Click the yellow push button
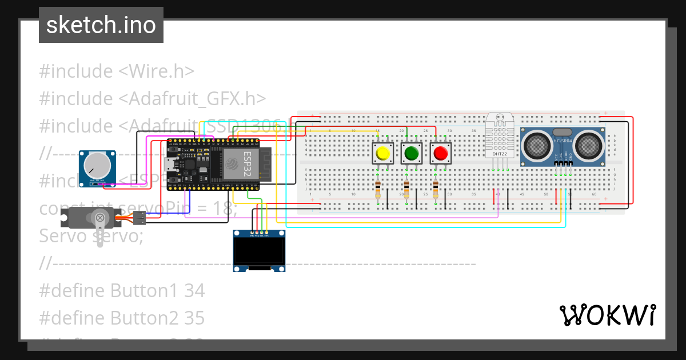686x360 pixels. [382, 153]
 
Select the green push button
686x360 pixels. [411, 153]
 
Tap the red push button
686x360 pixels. [440, 153]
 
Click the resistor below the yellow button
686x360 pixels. [378, 190]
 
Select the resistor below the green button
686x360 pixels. [407, 190]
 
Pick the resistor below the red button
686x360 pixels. [436, 190]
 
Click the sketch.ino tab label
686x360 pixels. [101, 25]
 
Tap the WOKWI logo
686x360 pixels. [607, 315]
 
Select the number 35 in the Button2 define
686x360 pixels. [194, 318]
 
